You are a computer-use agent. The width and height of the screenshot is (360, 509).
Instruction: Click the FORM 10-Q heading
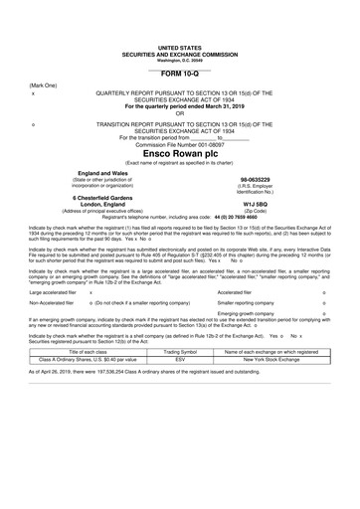[179, 75]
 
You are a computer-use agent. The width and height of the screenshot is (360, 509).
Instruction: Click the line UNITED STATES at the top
[179, 47]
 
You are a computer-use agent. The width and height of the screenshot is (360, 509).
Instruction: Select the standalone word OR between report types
[179, 113]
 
